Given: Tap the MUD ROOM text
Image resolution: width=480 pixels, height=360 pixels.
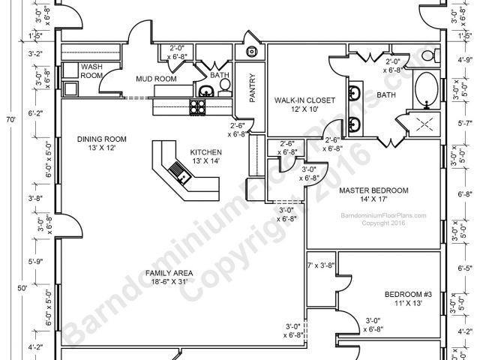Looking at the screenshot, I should click(156, 78).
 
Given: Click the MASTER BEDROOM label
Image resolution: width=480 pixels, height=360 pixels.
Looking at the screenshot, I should click(373, 190).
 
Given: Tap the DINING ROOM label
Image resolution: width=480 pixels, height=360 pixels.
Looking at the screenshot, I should click(102, 139).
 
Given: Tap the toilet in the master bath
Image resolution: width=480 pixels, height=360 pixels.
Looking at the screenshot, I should click(428, 55).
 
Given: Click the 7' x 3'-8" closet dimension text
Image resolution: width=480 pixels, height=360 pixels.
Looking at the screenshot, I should click(320, 265).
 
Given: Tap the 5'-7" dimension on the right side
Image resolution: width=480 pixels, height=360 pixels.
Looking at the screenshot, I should click(464, 123).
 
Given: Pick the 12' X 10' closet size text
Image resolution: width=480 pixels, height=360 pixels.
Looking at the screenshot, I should click(301, 109).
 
